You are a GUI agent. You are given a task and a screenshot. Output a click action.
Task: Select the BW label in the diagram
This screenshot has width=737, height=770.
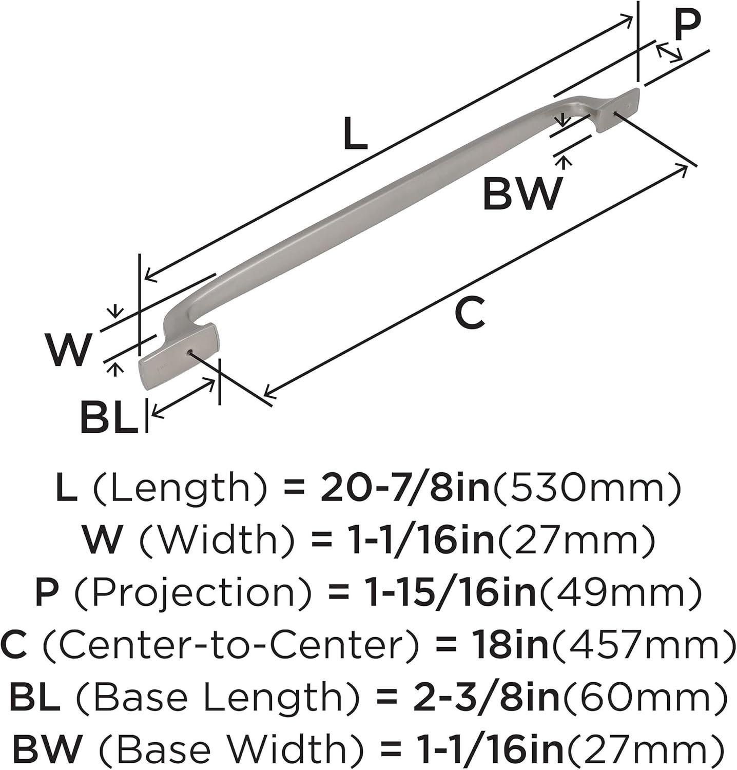(x=522, y=193)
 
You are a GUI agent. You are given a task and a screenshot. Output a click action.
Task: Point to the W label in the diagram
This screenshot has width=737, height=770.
(x=68, y=350)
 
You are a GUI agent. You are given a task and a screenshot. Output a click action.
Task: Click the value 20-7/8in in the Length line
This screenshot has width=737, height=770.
(x=405, y=488)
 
